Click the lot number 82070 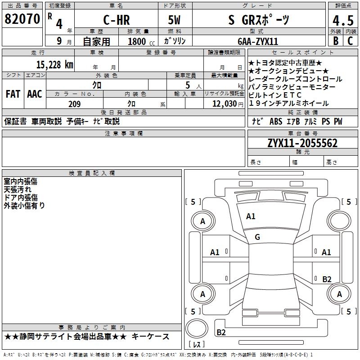coord(22,19)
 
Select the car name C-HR coord(117,20)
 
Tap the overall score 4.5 coord(343,20)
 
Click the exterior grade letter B coord(336,41)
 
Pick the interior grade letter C coord(351,41)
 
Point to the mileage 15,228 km coord(55,65)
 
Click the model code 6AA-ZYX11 coord(258,41)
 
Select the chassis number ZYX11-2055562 coord(302,143)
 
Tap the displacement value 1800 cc coord(141,41)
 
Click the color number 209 coord(75,104)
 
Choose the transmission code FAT coord(13,94)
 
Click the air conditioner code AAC coord(35,94)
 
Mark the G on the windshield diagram coord(257,237)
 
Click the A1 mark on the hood coord(251,216)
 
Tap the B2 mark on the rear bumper coord(221,332)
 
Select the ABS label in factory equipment coord(276,121)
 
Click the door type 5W coord(174,20)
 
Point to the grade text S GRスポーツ coord(259,20)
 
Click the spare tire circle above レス coord(197,328)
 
